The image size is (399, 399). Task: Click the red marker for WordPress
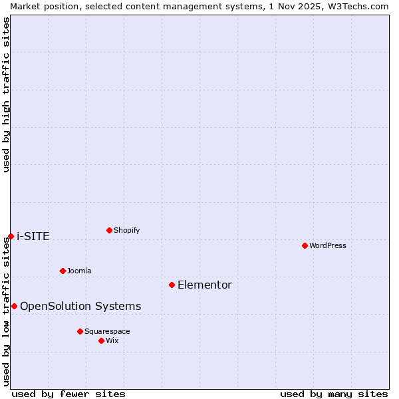[x=305, y=246]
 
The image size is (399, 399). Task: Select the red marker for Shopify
[x=109, y=231]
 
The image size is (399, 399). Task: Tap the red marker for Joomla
[x=63, y=271]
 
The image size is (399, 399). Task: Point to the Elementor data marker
[x=172, y=285]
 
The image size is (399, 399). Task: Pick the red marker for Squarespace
[x=80, y=331]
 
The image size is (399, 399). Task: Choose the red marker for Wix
[x=101, y=340]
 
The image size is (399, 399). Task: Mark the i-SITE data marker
[x=11, y=237]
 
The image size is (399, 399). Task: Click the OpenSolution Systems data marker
[x=14, y=306]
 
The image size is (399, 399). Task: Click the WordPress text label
[x=328, y=246]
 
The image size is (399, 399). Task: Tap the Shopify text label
[x=126, y=231]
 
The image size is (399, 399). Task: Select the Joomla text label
[x=79, y=271]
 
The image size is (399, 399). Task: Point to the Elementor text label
[x=205, y=285]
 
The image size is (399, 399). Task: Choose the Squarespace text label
[x=107, y=331]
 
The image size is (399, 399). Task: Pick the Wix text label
[x=112, y=340]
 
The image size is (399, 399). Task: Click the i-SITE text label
[x=33, y=237]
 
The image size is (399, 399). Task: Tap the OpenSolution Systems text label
[x=80, y=306]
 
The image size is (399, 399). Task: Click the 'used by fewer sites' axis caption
[x=68, y=394]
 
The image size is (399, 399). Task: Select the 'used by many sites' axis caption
[x=334, y=394]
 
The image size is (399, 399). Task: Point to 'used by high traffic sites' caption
[x=6, y=94]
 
